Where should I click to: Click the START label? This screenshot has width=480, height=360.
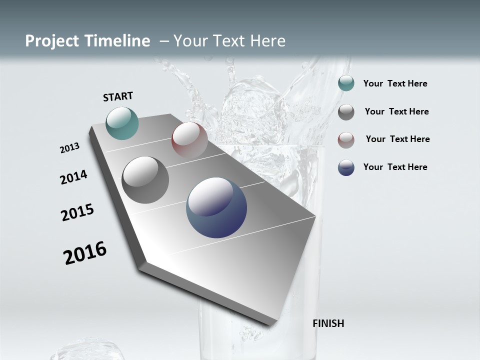118,96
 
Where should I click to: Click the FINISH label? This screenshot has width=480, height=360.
328,323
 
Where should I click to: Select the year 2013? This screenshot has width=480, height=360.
69,148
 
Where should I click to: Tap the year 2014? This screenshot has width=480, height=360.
73,177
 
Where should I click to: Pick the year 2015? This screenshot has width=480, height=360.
77,212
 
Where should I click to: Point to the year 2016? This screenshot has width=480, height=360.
85,253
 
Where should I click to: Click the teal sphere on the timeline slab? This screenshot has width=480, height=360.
122,123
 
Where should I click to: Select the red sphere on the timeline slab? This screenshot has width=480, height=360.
189,139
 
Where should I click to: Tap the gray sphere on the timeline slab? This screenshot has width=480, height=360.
145,180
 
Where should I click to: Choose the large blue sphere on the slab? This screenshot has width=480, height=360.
216,207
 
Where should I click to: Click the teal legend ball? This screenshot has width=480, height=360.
346,83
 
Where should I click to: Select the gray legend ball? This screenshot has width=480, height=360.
346,112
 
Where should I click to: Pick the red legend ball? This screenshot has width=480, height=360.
346,140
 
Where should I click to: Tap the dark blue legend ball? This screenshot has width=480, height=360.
346,167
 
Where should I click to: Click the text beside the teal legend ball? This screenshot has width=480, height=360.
395,83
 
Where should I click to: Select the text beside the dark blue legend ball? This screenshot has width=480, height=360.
395,167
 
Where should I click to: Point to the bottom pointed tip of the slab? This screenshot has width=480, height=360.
270,325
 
